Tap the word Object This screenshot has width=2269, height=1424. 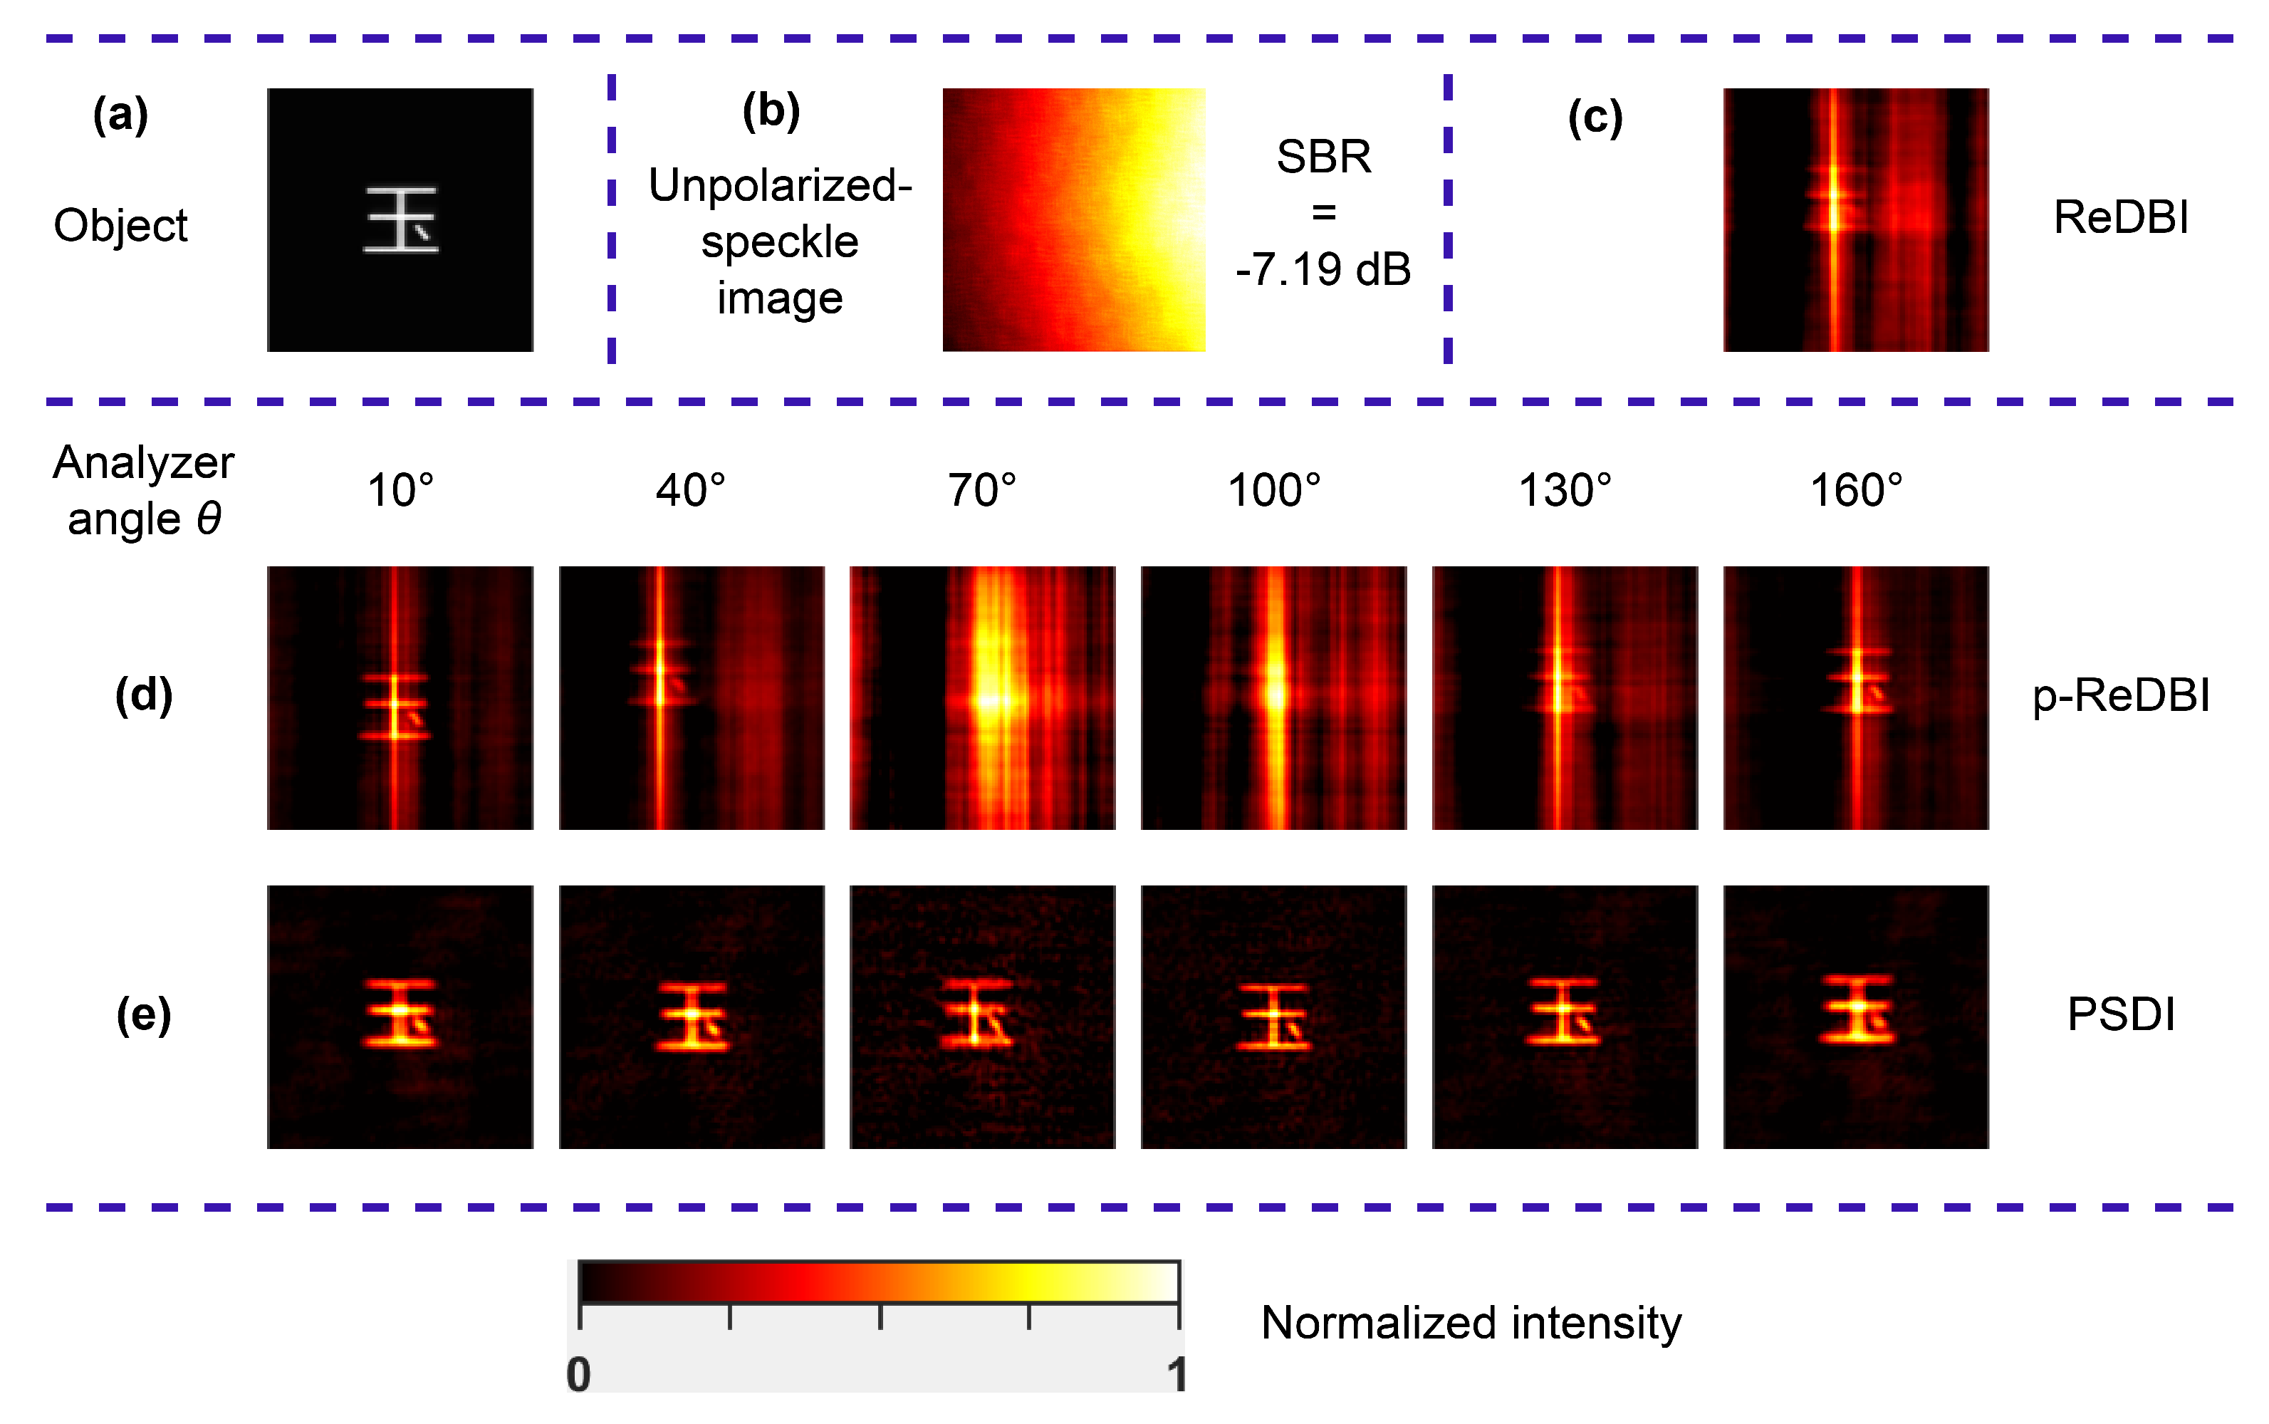[120, 226]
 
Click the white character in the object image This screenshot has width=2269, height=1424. [401, 219]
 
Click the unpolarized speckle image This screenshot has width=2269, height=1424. [1073, 219]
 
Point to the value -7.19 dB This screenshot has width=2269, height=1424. [1323, 270]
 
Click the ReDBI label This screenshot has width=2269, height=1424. [2120, 217]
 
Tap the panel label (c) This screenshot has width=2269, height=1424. [1595, 119]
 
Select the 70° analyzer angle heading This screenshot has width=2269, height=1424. [982, 491]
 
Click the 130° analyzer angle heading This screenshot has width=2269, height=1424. [1565, 491]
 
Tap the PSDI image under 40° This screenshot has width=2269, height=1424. [691, 1017]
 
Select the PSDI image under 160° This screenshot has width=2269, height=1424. [1856, 1017]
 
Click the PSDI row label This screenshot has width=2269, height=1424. [2120, 1014]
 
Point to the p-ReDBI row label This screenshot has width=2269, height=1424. [2120, 696]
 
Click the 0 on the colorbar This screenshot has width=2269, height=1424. [579, 1374]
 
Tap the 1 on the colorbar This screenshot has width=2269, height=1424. [1176, 1374]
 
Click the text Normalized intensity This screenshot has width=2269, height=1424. [1471, 1324]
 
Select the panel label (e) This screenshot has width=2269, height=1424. [144, 1015]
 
